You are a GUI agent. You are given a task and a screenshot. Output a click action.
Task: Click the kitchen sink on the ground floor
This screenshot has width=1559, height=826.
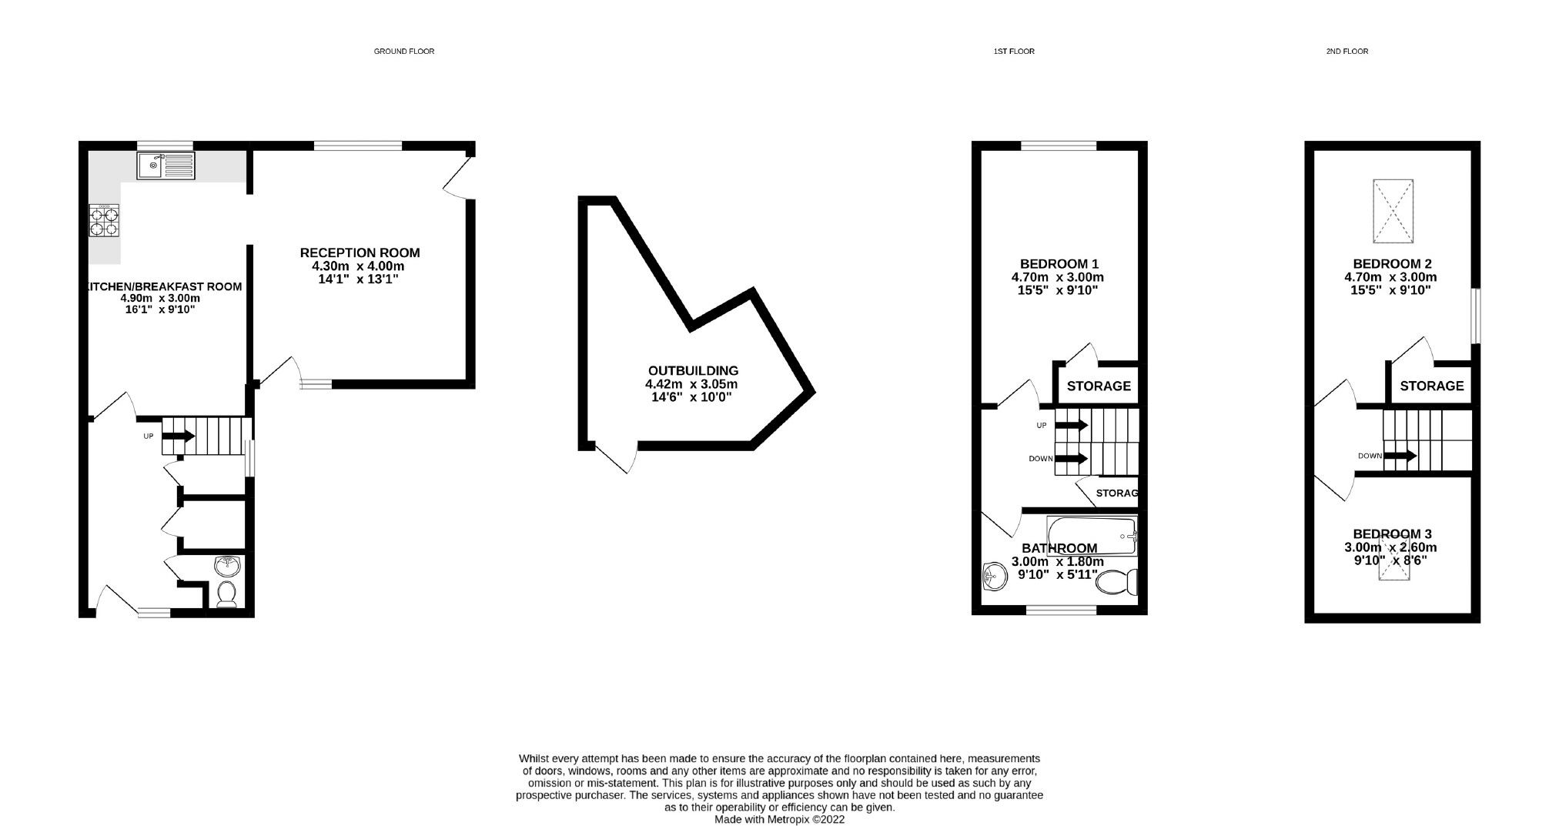click(x=167, y=166)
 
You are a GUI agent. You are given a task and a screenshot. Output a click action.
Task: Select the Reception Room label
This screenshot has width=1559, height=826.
click(x=360, y=252)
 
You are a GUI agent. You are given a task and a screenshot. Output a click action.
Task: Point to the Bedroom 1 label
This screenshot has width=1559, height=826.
click(x=1057, y=263)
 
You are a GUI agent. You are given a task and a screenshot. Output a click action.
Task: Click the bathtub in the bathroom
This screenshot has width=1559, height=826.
click(x=1091, y=536)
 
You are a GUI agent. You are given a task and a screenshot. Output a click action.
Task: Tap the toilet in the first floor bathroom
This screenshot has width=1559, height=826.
click(x=1117, y=583)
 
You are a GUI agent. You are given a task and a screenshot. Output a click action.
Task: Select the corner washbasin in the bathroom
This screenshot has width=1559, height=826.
click(x=996, y=576)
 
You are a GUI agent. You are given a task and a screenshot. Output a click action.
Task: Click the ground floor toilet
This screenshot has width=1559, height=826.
click(x=226, y=594)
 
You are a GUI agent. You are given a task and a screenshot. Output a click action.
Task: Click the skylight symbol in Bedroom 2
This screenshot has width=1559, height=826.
click(x=1393, y=211)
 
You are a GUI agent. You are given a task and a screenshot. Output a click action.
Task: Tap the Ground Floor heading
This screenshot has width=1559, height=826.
click(x=403, y=52)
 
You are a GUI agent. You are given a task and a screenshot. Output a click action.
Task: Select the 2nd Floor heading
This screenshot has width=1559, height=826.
click(x=1347, y=52)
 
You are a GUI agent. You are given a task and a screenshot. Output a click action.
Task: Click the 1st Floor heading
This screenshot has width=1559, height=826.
click(x=1013, y=52)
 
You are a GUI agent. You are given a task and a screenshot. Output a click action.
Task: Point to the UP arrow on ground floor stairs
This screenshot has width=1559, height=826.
click(x=178, y=436)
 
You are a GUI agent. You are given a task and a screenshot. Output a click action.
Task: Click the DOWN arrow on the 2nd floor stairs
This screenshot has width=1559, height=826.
click(x=1400, y=456)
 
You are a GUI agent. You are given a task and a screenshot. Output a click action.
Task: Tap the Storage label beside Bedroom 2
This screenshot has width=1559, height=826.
click(x=1431, y=386)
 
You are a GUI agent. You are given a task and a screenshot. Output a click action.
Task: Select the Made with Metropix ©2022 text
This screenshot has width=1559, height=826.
click(x=779, y=820)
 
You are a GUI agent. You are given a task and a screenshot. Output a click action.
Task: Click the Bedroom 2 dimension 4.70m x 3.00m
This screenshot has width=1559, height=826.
click(x=1390, y=277)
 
